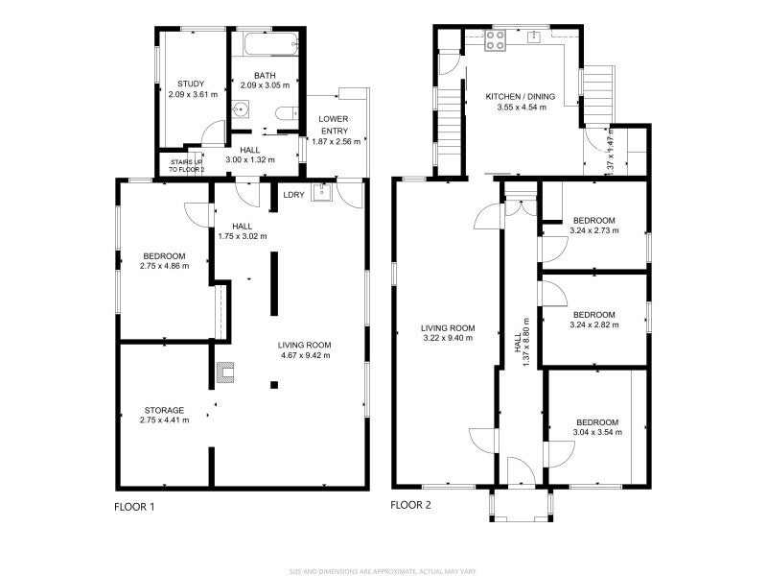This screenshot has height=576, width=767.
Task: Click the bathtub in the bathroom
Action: [x=266, y=44]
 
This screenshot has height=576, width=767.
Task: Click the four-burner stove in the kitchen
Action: [x=496, y=40]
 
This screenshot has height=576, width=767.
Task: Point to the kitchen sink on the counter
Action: [x=535, y=37]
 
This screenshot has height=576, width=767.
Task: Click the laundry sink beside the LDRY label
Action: [x=324, y=195]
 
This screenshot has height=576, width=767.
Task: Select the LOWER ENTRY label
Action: [x=334, y=124]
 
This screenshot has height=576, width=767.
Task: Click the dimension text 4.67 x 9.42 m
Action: [x=304, y=355]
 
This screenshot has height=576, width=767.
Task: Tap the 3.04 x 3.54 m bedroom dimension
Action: [x=596, y=433]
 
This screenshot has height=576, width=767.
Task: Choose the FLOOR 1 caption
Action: [x=134, y=506]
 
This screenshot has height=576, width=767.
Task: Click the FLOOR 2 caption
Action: [x=410, y=504]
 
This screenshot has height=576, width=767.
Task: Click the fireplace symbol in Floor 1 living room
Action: [x=227, y=368]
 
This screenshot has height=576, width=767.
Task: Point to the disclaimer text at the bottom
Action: [x=383, y=570]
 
